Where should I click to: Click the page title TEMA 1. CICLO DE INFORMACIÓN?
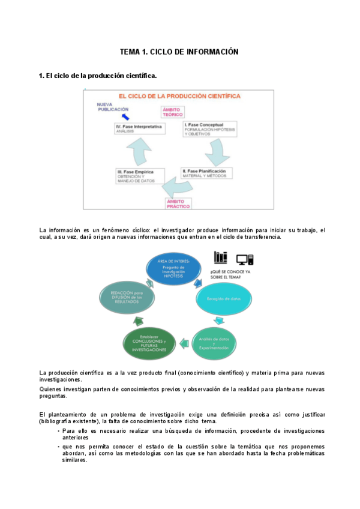pyautogui.click(x=179, y=52)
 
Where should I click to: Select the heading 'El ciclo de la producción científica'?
pyautogui.click(x=98, y=76)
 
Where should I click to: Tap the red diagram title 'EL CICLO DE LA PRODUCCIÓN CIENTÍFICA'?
pyautogui.click(x=179, y=96)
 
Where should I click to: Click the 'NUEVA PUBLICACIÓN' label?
pyautogui.click(x=113, y=106)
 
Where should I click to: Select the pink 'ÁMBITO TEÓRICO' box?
pyautogui.click(x=173, y=112)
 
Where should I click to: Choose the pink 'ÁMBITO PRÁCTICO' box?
pyautogui.click(x=179, y=203)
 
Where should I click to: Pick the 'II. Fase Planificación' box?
pyautogui.click(x=206, y=173)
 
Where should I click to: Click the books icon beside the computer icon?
pyautogui.click(x=221, y=257)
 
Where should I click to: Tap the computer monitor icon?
pyautogui.click(x=244, y=259)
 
